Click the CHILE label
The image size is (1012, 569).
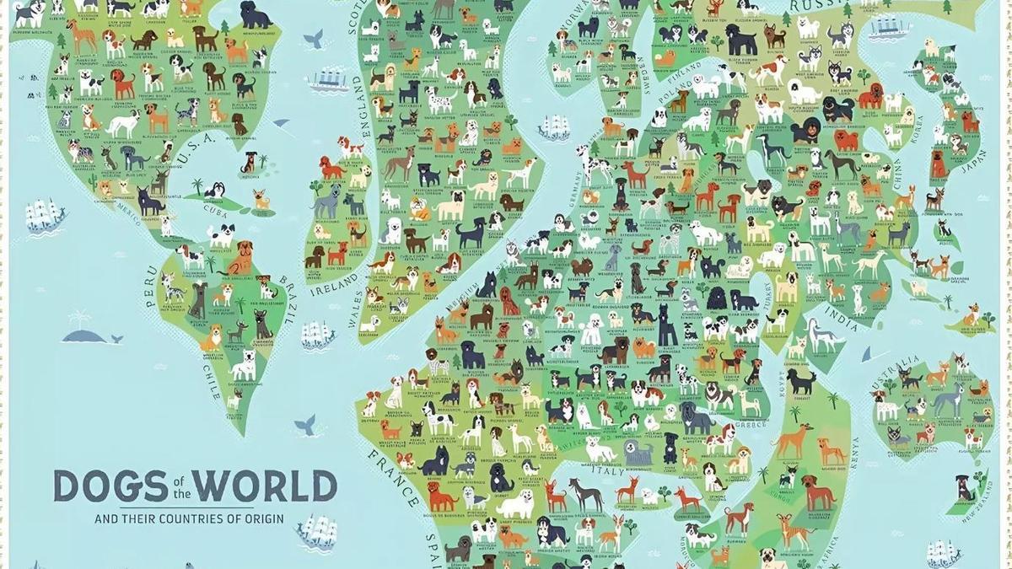(210, 380)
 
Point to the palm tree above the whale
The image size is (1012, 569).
(81, 319)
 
